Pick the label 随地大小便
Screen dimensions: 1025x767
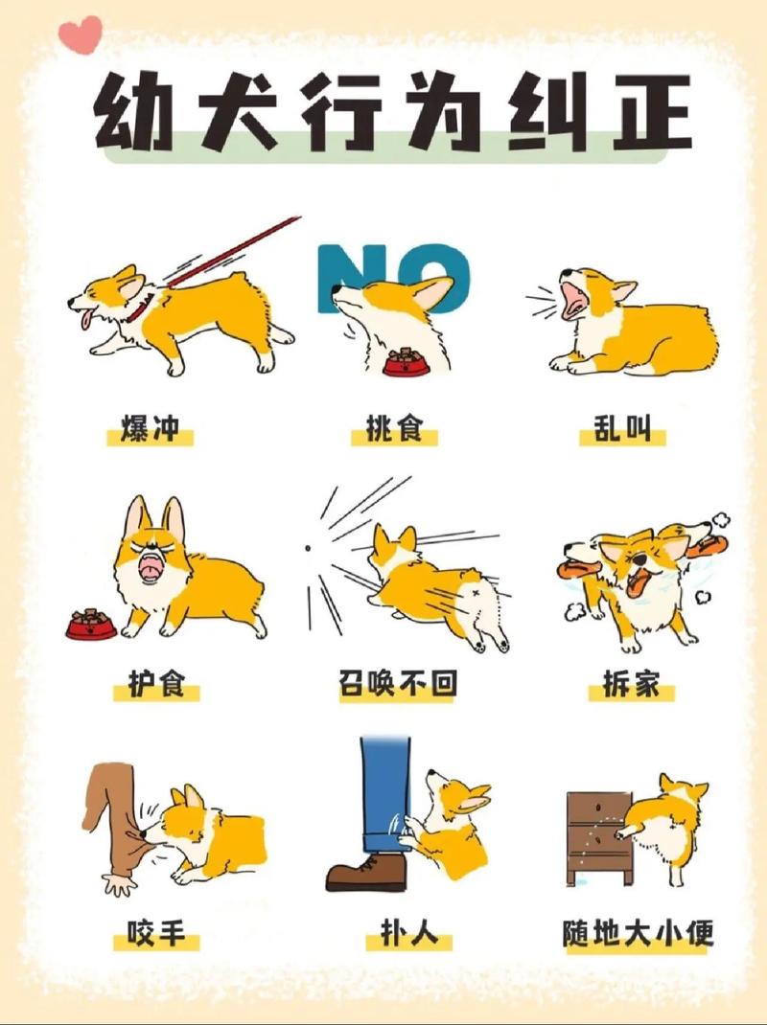(x=638, y=931)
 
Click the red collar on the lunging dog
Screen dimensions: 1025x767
(x=141, y=308)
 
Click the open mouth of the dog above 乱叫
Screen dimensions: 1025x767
(x=576, y=298)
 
